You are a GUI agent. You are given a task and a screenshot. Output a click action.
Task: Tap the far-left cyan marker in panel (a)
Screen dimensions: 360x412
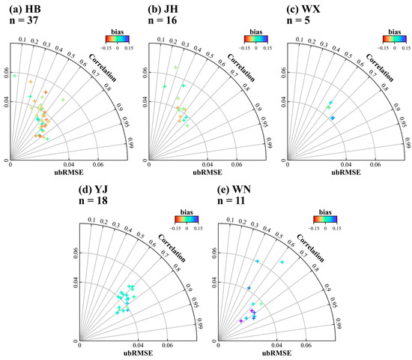coord(14,75)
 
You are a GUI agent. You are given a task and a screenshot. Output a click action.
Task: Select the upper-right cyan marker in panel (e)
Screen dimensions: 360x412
coord(282,262)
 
